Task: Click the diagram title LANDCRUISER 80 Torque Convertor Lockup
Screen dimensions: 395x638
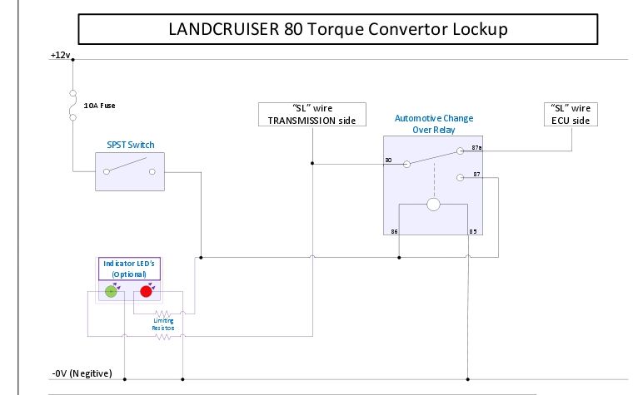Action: coord(338,29)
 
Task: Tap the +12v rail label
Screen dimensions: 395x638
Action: coord(61,55)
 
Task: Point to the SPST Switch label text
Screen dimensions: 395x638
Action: coord(130,145)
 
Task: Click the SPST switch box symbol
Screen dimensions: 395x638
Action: coord(129,172)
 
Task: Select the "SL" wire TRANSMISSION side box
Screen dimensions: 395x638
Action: coord(312,114)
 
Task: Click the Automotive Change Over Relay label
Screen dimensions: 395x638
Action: coord(433,124)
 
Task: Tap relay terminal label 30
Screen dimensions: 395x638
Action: coord(388,159)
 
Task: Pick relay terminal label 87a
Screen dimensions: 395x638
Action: coord(476,147)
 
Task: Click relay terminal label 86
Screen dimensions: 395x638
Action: coord(394,230)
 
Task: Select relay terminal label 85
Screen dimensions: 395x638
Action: coord(472,230)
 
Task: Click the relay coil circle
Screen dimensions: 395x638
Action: coord(433,205)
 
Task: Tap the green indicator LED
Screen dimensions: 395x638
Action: coord(111,291)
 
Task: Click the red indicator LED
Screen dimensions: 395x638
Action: coord(147,291)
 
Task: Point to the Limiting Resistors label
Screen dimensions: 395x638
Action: coord(163,323)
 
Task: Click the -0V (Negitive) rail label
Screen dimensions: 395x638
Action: coord(81,373)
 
